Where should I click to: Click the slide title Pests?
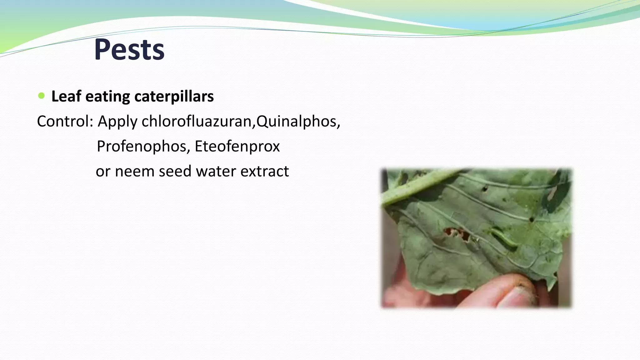129,50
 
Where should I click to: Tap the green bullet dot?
41,96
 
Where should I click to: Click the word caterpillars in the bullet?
174,96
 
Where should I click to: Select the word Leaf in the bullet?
66,96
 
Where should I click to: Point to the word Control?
65,121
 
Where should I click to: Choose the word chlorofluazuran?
196,121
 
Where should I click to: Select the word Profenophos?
142,146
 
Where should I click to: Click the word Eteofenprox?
237,146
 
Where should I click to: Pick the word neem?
135,171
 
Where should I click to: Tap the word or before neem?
103,171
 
